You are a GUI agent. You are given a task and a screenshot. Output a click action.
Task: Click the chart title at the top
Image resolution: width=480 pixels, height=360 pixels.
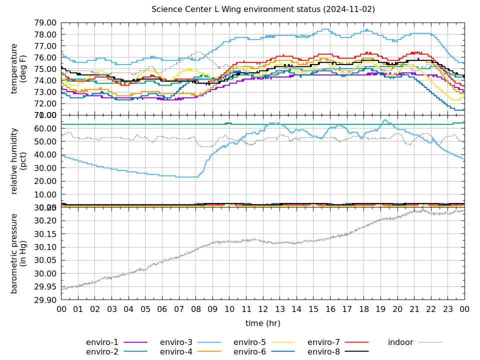point(263,9)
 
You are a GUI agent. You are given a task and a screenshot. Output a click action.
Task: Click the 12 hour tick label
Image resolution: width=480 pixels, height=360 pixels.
point(263,309)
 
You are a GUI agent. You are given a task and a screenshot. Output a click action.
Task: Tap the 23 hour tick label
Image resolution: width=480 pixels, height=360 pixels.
point(447,309)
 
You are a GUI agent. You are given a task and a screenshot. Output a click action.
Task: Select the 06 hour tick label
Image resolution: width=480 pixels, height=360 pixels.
point(162,309)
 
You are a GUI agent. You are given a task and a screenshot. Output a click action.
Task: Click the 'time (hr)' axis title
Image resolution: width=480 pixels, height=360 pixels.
point(263,323)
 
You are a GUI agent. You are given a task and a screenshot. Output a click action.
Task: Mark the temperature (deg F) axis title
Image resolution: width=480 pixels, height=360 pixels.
point(18,69)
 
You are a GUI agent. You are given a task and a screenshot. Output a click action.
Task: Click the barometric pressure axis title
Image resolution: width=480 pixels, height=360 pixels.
point(18,253)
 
